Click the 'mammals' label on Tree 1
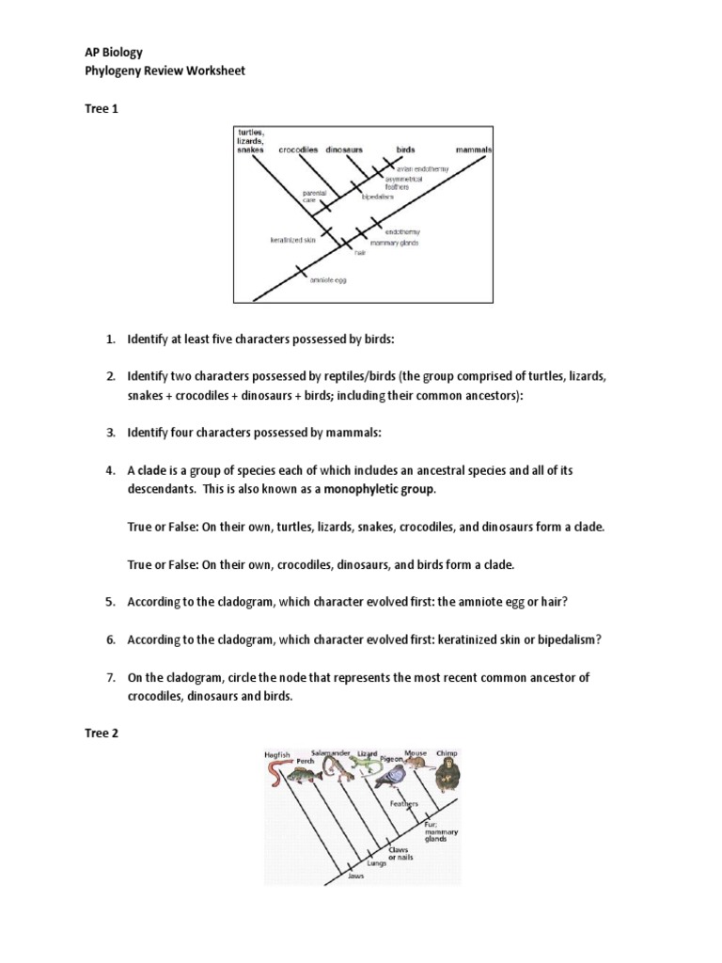click(474, 150)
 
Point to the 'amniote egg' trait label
click(329, 281)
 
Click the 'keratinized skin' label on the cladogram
click(292, 241)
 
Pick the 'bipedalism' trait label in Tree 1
click(377, 198)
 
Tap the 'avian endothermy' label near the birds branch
click(423, 169)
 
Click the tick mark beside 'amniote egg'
click(301, 273)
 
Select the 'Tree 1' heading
click(104, 108)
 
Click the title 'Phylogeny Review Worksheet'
click(165, 71)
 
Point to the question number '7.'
click(110, 677)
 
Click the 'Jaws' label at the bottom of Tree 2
click(354, 876)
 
